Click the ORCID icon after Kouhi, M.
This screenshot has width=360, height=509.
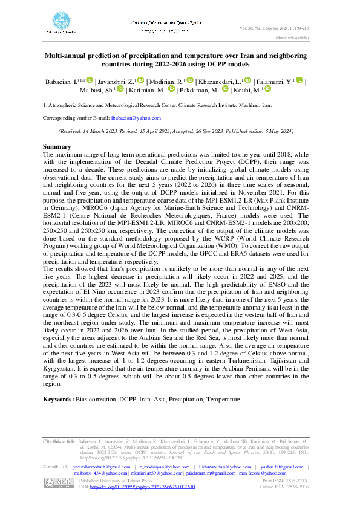[269, 89]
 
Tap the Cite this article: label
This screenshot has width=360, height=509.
[59, 443]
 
